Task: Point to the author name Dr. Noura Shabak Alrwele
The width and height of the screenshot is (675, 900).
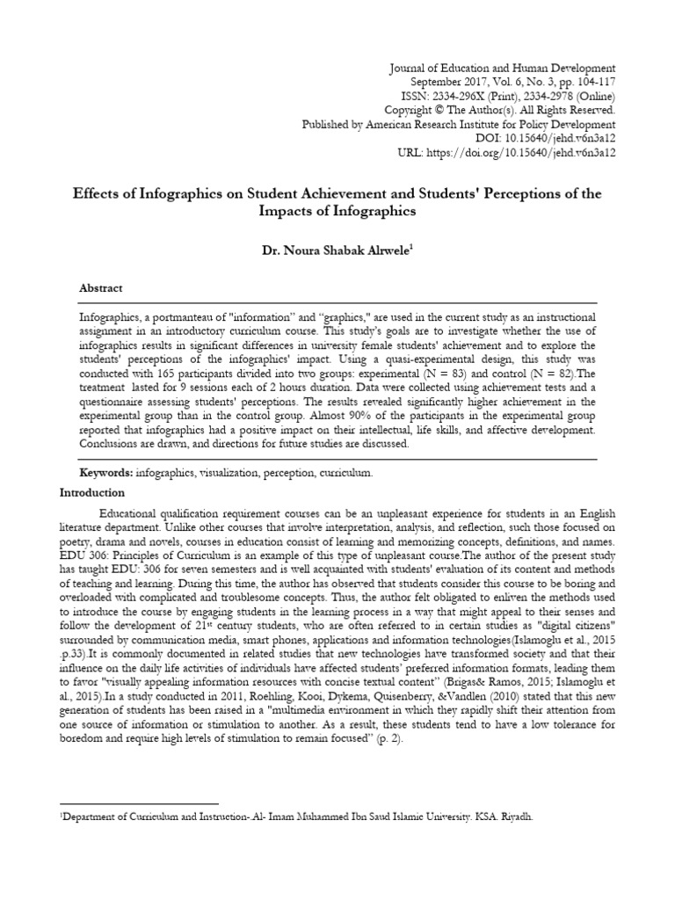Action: pos(337,251)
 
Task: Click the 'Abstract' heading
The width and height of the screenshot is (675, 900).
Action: pos(101,288)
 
